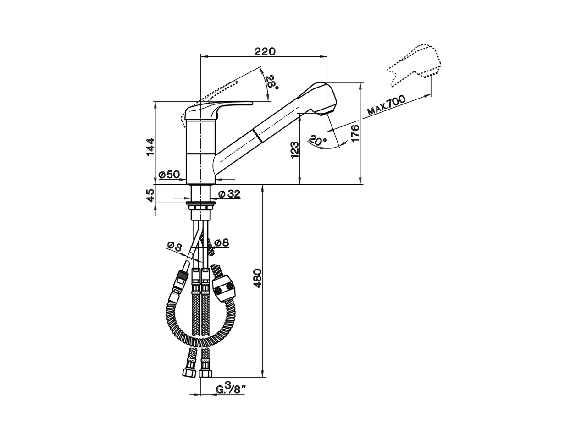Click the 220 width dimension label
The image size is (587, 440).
tap(265, 51)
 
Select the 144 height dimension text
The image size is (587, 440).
tap(150, 147)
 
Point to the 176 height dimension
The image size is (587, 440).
tap(355, 133)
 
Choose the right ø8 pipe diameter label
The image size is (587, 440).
tap(222, 243)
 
